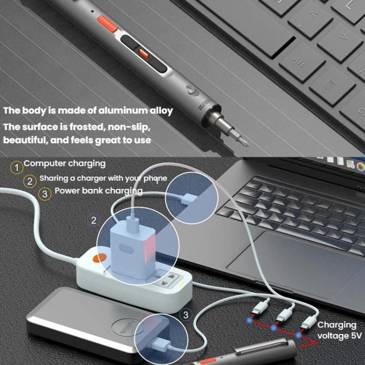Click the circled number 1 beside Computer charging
click(17, 168)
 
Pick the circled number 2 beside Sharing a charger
click(30, 182)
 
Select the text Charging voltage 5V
click(337, 330)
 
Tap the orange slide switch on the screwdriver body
click(143, 52)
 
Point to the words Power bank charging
click(98, 191)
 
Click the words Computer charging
click(64, 164)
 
